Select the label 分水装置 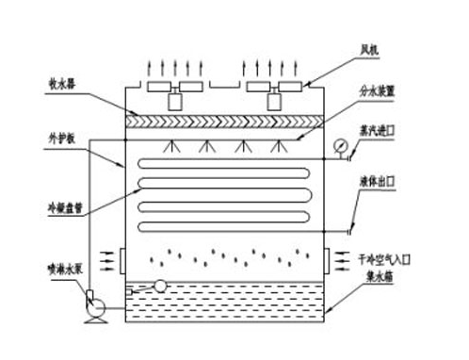376,92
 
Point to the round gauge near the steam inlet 337,144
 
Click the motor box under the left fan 176,100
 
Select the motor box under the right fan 280,100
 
